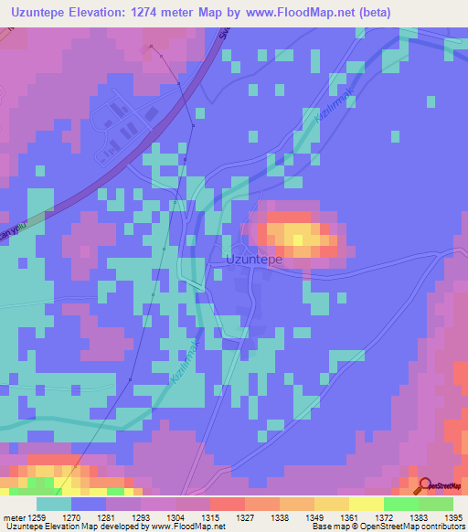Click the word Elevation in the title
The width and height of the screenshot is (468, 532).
(109, 13)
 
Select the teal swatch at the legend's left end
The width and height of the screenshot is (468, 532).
(53, 504)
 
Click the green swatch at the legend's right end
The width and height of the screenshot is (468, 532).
(435, 504)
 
